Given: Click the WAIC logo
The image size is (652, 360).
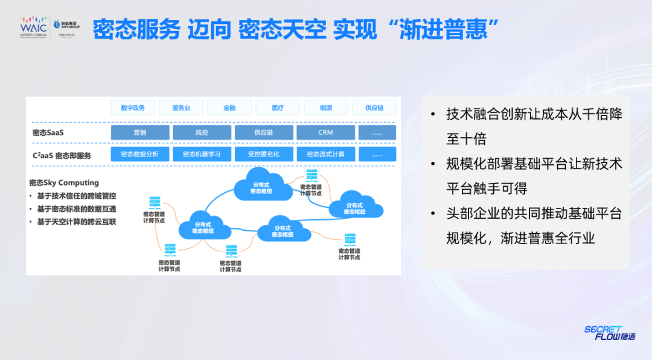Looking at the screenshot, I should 33,28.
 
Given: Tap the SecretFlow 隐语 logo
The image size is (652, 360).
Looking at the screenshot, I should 609,333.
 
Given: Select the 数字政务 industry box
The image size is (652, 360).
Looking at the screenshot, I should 133,108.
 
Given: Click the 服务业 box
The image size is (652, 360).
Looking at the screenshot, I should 181,108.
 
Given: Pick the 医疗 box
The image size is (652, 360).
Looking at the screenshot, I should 278,108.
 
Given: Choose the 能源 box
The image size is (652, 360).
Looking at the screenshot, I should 326,108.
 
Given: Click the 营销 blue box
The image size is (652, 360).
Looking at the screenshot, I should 140,132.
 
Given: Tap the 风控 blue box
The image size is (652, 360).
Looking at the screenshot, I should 202,132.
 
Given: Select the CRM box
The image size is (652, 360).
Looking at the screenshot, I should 325,132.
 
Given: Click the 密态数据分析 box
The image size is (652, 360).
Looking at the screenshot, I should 140,154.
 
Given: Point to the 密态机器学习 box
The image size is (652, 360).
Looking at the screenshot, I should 202,154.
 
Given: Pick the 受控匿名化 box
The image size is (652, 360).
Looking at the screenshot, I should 264,154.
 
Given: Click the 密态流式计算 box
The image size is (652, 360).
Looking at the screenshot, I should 325,154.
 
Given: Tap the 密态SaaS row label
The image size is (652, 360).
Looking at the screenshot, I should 48,132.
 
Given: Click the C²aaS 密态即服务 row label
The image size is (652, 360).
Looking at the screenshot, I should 62,155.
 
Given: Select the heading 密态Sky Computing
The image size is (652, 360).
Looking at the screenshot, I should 64,182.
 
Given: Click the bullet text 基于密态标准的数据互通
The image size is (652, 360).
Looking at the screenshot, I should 76,209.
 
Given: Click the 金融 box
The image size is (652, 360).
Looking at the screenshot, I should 229,108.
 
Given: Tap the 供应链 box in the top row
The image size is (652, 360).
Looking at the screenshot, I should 374,108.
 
